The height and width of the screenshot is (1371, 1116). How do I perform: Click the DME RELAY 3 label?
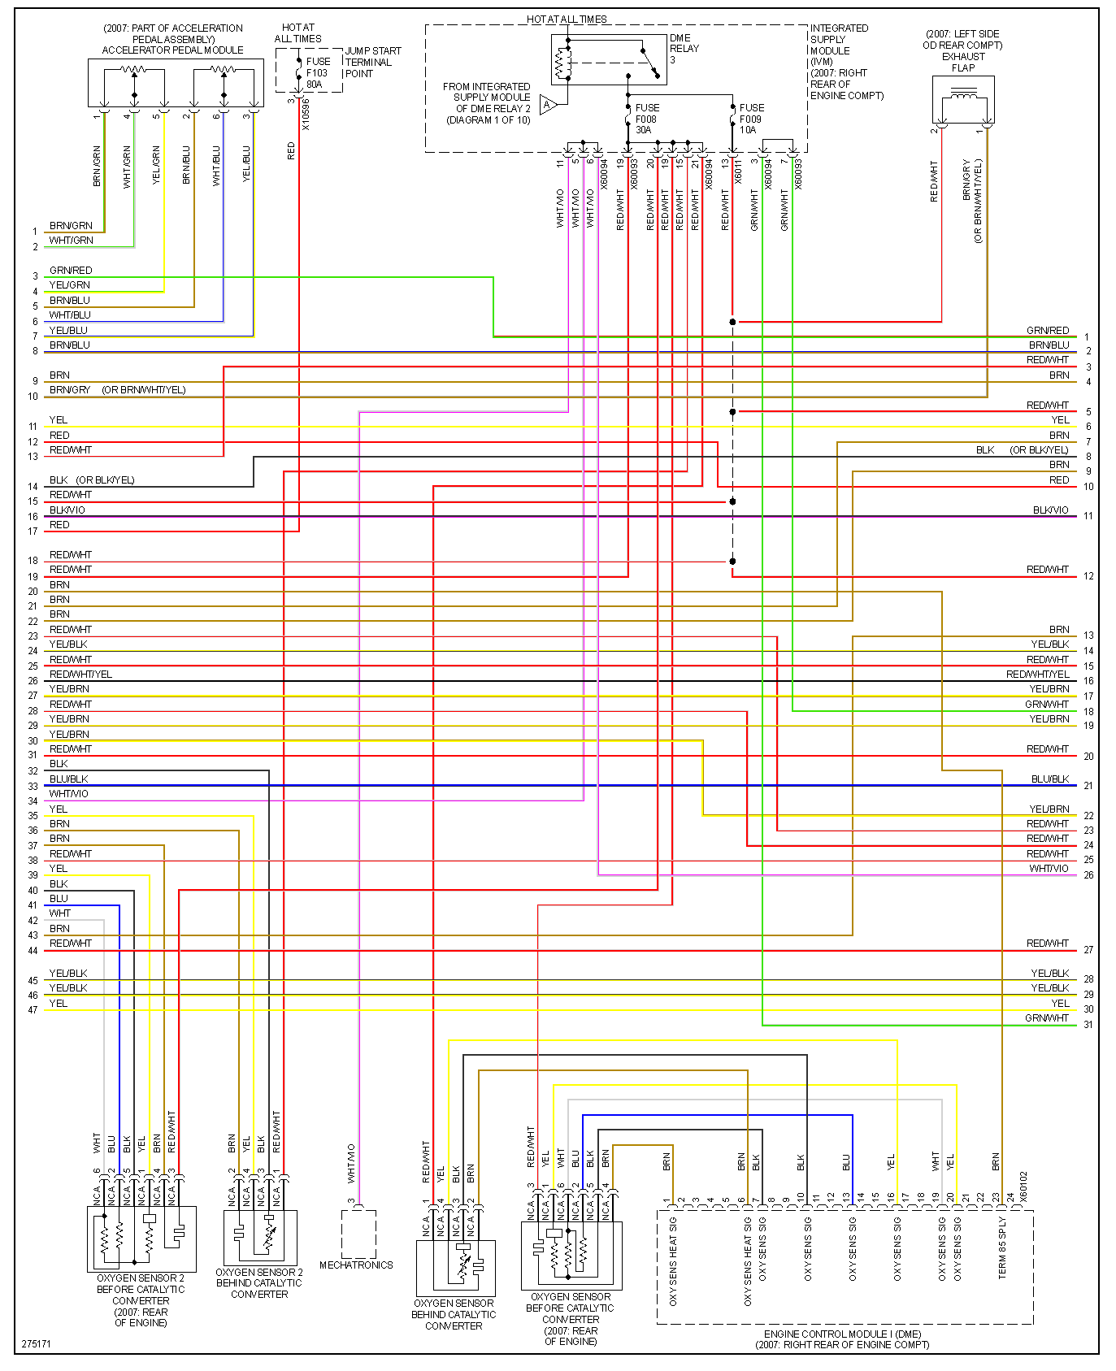(684, 49)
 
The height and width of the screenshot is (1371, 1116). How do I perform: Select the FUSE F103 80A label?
(318, 73)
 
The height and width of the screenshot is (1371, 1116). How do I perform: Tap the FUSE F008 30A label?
(647, 119)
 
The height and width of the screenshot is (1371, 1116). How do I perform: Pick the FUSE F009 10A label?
(751, 119)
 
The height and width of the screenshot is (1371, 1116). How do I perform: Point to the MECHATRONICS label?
(356, 1265)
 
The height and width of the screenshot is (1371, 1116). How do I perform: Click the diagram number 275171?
(37, 1343)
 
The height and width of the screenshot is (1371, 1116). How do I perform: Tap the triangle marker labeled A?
(548, 104)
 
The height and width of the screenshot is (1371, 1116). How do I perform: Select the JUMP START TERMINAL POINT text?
(372, 62)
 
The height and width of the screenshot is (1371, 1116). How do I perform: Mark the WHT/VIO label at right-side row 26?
(1049, 869)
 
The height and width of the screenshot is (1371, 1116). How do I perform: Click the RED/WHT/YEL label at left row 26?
(80, 675)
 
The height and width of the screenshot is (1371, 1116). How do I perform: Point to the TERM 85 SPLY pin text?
(1002, 1248)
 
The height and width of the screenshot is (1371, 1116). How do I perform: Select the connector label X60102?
(1023, 1187)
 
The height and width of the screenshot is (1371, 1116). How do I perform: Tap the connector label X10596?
(306, 115)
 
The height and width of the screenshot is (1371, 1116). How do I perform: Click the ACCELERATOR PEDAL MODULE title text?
(172, 50)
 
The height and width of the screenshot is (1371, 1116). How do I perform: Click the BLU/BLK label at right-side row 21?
(1049, 779)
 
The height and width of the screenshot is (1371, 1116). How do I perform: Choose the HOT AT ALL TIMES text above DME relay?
(567, 19)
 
